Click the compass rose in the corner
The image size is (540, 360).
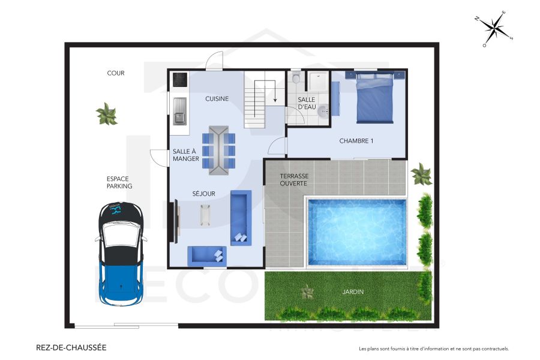click(495, 28)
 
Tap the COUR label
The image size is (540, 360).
click(116, 73)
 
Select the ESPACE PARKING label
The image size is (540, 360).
click(119, 182)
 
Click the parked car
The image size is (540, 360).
click(121, 253)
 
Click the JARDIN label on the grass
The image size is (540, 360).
click(353, 292)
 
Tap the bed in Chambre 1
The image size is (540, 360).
click(375, 98)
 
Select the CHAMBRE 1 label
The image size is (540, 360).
click(356, 141)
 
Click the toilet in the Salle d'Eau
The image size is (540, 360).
click(296, 78)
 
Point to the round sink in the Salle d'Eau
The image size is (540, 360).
click(323, 110)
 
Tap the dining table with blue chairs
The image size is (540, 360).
click(218, 150)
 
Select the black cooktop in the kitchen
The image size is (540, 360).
click(180, 79)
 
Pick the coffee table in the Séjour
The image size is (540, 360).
click(205, 215)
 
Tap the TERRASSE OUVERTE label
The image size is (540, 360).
click(294, 179)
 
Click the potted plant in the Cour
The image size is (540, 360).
click(107, 114)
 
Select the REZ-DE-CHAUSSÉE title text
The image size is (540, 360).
click(71, 347)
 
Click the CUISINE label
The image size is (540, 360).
click(217, 99)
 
